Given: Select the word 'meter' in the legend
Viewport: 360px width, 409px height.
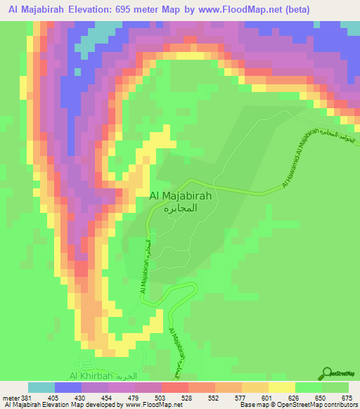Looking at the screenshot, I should [x=10, y=397].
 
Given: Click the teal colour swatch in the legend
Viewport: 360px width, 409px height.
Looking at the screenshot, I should [x=41, y=387].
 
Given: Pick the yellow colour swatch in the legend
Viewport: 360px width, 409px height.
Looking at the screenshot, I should [x=282, y=387].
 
